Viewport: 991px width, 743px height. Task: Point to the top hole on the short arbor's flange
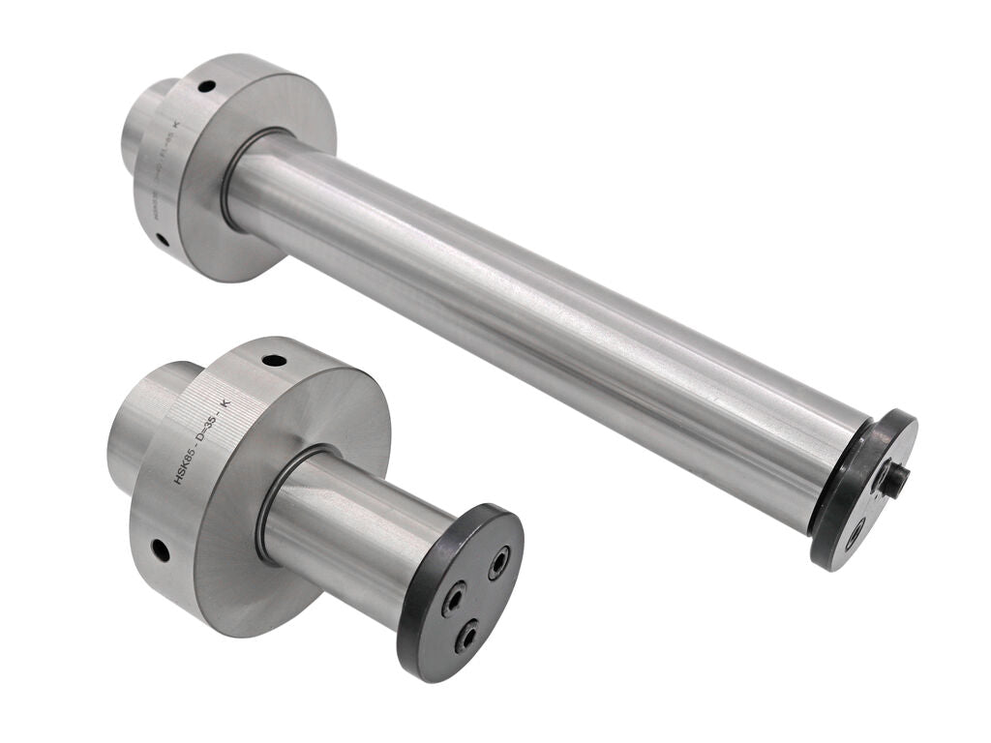[x=274, y=361]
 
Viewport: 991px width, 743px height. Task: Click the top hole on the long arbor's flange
[x=206, y=87]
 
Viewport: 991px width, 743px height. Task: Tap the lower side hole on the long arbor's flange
[x=164, y=239]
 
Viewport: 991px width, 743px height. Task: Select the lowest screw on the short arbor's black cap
[x=465, y=636]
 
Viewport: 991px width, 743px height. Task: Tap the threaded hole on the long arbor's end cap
[x=856, y=531]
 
